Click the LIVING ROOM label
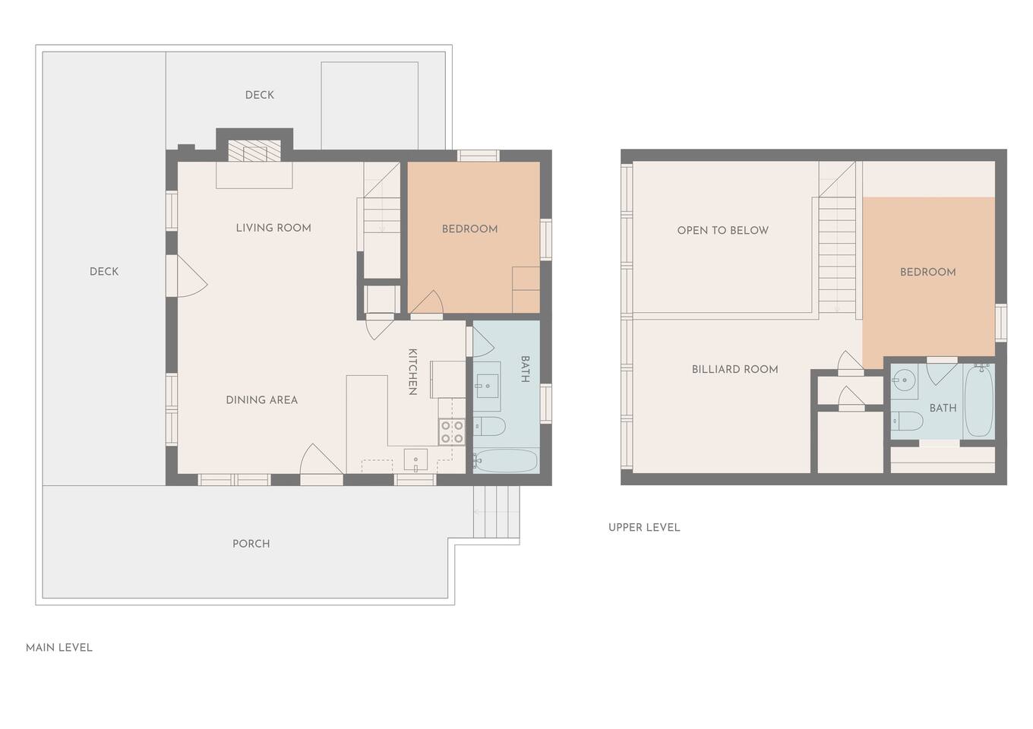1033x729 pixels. (273, 228)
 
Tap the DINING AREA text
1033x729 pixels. (261, 400)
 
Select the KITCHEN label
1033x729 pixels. (412, 371)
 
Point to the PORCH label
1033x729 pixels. (251, 544)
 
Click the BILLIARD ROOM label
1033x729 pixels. (734, 369)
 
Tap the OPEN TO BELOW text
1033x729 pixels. (722, 231)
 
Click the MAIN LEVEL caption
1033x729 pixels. (59, 648)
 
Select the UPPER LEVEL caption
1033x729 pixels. (644, 528)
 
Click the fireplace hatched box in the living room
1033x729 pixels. (254, 150)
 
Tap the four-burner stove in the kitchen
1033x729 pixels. (451, 432)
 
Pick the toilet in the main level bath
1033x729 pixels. (489, 426)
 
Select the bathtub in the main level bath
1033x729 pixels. (506, 461)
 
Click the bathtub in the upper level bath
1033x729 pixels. (978, 401)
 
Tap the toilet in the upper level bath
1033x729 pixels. (907, 421)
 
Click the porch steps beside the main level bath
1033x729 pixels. (496, 512)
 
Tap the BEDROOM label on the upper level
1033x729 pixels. (928, 272)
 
